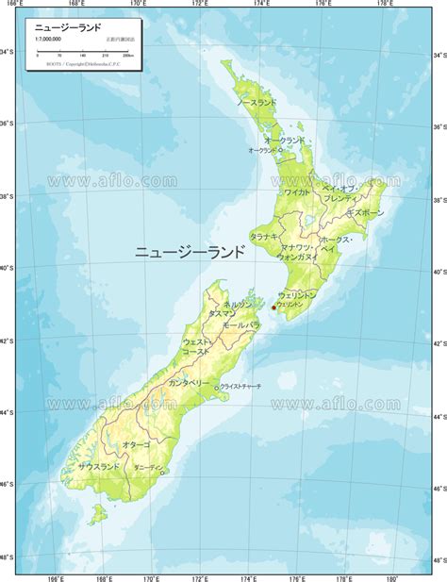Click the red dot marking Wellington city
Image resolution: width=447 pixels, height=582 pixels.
coord(273,307)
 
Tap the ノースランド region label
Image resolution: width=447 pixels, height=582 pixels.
coord(257,101)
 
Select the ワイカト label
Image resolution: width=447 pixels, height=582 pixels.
coord(296,191)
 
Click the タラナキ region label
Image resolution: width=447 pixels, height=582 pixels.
coord(263,236)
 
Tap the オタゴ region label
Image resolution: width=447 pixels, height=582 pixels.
coord(136,443)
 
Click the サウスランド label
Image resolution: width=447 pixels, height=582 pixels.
coord(99,467)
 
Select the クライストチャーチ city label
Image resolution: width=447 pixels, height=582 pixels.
coord(240,387)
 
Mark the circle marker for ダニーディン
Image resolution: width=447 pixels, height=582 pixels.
coord(162,472)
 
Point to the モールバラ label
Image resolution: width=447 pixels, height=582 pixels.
coord(240,324)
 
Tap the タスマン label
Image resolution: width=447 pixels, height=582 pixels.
coord(223,312)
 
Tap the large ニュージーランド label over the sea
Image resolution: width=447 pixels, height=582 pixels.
coord(190,252)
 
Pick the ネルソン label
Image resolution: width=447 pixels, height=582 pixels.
coord(239,304)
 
